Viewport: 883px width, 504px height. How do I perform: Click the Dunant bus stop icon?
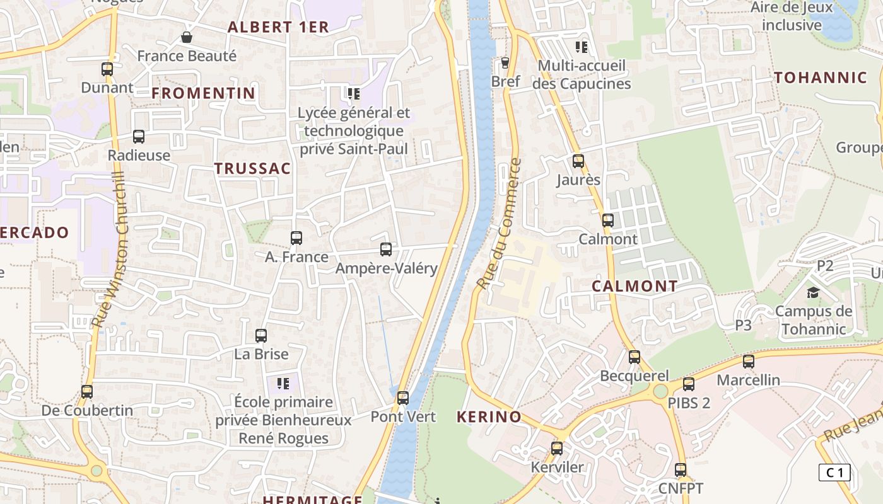107,69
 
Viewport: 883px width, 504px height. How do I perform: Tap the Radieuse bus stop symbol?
139,137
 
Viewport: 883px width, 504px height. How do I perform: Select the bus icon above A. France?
296,238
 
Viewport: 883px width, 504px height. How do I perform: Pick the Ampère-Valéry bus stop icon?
386,249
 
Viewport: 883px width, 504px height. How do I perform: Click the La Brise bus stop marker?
261,336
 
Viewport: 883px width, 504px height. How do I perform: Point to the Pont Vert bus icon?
403,398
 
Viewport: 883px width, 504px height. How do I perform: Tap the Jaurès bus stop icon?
578,161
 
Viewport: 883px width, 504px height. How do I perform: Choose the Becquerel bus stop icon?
634,357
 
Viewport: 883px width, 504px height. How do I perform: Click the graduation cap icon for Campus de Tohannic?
813,292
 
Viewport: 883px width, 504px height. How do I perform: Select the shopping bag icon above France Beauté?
187,38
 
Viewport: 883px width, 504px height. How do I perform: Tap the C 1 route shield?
834,472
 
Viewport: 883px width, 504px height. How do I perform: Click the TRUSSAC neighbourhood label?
252,169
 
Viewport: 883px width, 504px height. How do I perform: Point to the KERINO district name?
489,416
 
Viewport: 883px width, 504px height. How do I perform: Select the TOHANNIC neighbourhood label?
821,78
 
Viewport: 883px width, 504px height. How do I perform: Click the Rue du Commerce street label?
500,224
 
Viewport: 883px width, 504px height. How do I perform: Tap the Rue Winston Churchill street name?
110,249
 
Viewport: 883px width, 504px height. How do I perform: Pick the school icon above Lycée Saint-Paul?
354,94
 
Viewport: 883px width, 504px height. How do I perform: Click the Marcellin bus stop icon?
749,362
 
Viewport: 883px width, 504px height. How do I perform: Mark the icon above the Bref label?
505,62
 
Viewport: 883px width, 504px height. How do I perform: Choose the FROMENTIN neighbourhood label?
204,93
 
